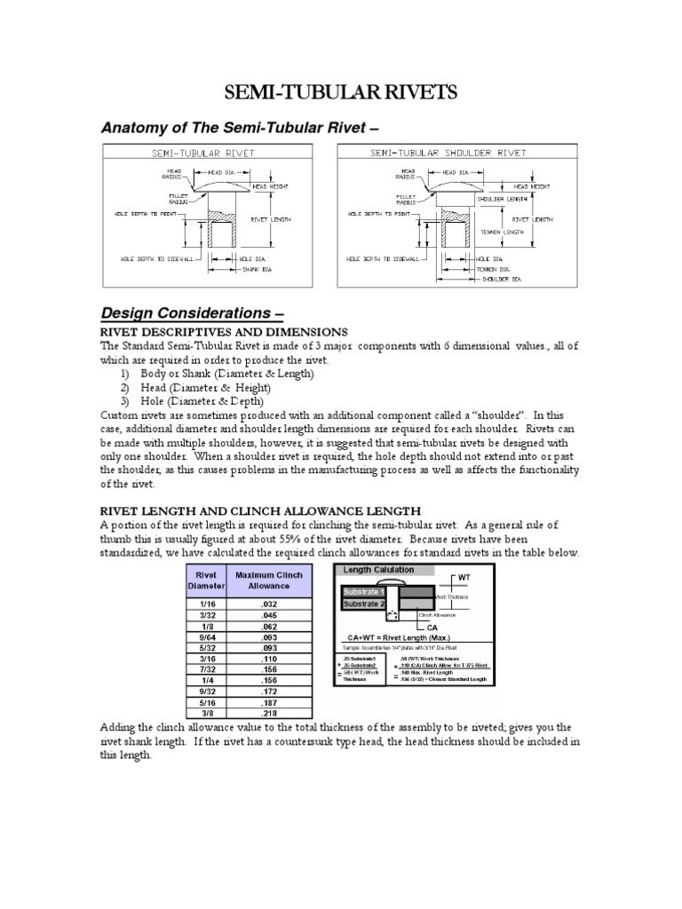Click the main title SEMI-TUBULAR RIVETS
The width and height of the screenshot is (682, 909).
tap(340, 93)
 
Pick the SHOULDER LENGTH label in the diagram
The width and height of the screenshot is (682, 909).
tap(504, 200)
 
